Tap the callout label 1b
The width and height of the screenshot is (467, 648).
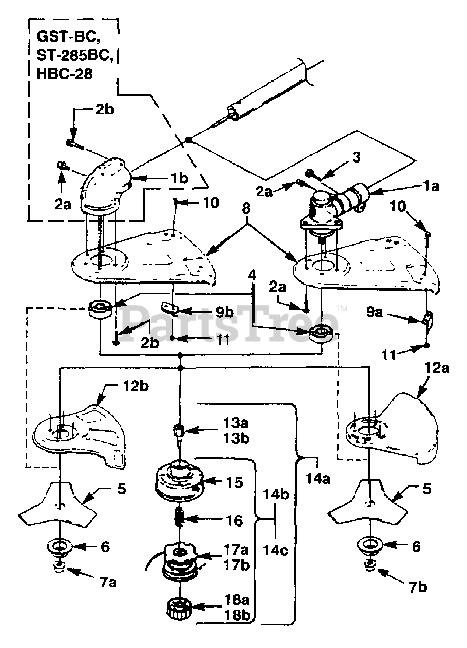click(179, 179)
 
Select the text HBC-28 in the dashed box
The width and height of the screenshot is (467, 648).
click(64, 74)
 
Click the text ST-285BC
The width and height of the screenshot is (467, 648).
click(74, 55)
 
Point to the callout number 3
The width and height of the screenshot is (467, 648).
click(356, 157)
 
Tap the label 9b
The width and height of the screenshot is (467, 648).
click(224, 312)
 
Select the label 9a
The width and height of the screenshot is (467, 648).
click(374, 312)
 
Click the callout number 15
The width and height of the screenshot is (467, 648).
click(235, 482)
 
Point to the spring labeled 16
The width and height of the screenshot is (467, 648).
click(180, 519)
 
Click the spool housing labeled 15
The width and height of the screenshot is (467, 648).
click(179, 482)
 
